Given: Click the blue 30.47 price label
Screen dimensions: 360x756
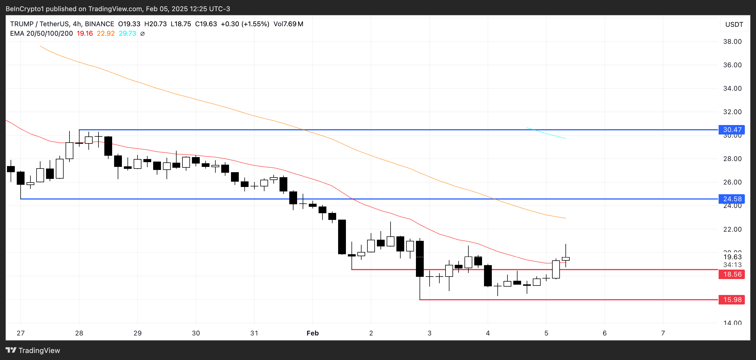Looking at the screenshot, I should [x=732, y=129].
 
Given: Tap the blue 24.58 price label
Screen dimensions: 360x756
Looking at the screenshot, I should [x=732, y=199].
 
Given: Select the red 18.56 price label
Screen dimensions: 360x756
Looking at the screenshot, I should [x=732, y=274].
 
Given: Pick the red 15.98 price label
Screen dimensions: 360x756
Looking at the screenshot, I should [x=732, y=299].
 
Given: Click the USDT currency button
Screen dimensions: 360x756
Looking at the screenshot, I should [x=734, y=24].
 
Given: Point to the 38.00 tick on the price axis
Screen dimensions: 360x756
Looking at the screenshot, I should [x=732, y=41].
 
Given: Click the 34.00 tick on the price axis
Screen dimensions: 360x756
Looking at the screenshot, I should [x=732, y=88].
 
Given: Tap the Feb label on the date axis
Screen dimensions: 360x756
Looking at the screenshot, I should [x=312, y=333].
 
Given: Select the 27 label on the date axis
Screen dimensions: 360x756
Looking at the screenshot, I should [x=21, y=333].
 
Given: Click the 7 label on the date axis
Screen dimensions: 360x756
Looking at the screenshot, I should [x=663, y=333].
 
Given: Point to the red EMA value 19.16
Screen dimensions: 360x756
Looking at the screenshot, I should [x=85, y=33].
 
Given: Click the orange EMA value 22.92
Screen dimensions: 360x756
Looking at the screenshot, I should [x=106, y=33].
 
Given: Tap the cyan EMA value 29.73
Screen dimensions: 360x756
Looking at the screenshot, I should [x=127, y=33].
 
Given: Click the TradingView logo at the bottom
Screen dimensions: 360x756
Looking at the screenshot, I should [x=33, y=350].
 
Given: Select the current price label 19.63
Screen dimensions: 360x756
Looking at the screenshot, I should [x=732, y=257].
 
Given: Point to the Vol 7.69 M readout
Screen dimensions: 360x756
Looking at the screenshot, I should [x=288, y=24].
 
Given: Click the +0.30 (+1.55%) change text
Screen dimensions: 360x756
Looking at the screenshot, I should [x=245, y=24].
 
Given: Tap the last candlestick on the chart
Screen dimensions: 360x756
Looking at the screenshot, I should [x=565, y=259].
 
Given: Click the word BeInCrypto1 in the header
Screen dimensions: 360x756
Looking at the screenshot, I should [x=25, y=9].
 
